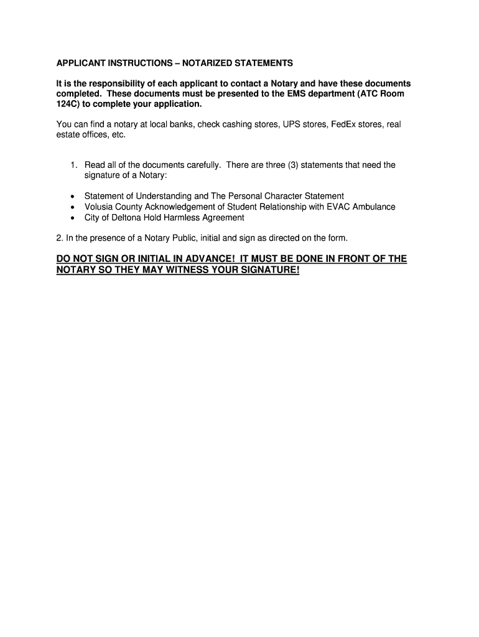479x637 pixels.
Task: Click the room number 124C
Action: [68, 104]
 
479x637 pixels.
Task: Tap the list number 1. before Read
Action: [73, 165]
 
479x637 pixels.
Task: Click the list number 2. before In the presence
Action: [60, 238]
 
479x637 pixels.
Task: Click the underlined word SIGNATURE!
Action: [264, 271]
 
